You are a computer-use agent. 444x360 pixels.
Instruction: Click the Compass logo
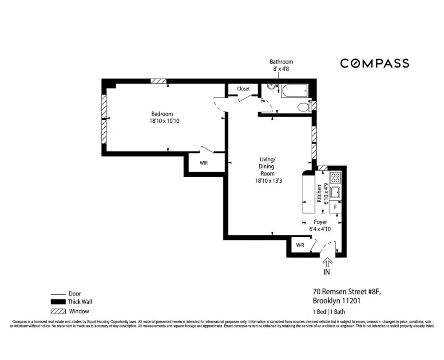pyautogui.click(x=375, y=63)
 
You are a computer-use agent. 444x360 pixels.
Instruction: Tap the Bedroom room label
pyautogui.click(x=162, y=114)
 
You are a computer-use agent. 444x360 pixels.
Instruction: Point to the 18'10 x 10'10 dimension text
pyautogui.click(x=164, y=121)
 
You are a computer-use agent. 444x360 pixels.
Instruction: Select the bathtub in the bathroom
pyautogui.click(x=294, y=91)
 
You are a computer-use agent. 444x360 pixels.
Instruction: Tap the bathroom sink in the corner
pyautogui.click(x=271, y=87)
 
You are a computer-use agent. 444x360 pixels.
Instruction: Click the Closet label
pyautogui.click(x=243, y=89)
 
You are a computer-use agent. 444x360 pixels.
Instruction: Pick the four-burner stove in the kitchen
pyautogui.click(x=336, y=178)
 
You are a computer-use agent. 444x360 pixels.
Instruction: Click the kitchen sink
pyautogui.click(x=336, y=192)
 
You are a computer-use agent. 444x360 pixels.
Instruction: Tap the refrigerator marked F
pyautogui.click(x=336, y=207)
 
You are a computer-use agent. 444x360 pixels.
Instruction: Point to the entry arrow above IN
pyautogui.click(x=327, y=262)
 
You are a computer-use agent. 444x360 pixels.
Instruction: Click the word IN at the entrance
pyautogui.click(x=326, y=272)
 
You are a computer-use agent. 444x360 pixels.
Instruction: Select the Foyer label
pyautogui.click(x=320, y=222)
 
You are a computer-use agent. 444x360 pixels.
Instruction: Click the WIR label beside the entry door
pyautogui.click(x=300, y=245)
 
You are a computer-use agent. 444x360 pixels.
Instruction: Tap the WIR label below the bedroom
pyautogui.click(x=204, y=163)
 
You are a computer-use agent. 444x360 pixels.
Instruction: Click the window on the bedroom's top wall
pyautogui.click(x=159, y=81)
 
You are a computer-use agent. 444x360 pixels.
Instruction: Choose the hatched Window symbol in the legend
pyautogui.click(x=58, y=311)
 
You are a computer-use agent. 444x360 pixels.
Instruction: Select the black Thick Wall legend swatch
pyautogui.click(x=58, y=302)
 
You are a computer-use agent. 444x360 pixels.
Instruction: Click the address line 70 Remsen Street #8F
pyautogui.click(x=347, y=292)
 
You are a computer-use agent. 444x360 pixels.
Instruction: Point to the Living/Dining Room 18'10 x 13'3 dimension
pyautogui.click(x=269, y=180)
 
